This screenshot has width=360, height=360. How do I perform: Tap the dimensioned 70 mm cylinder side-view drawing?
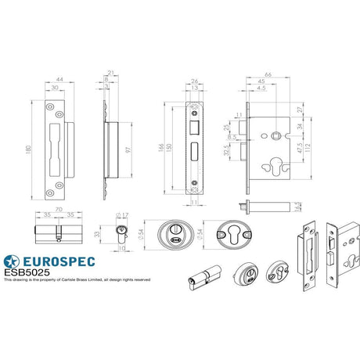tap(56, 233)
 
